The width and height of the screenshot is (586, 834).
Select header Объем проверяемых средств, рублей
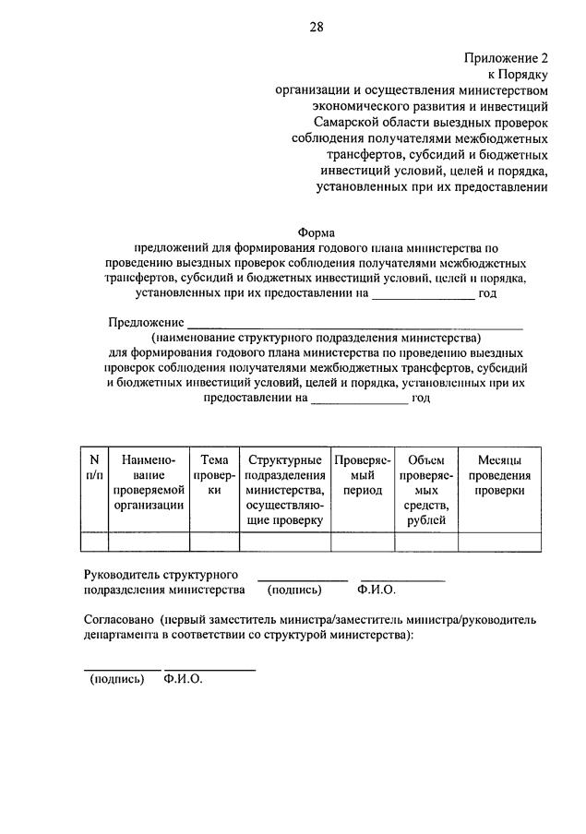(x=425, y=489)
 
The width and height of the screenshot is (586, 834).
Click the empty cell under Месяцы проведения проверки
(x=499, y=542)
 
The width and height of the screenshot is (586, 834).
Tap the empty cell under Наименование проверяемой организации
(x=149, y=542)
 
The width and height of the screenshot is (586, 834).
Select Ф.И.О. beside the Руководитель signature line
(x=375, y=590)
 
